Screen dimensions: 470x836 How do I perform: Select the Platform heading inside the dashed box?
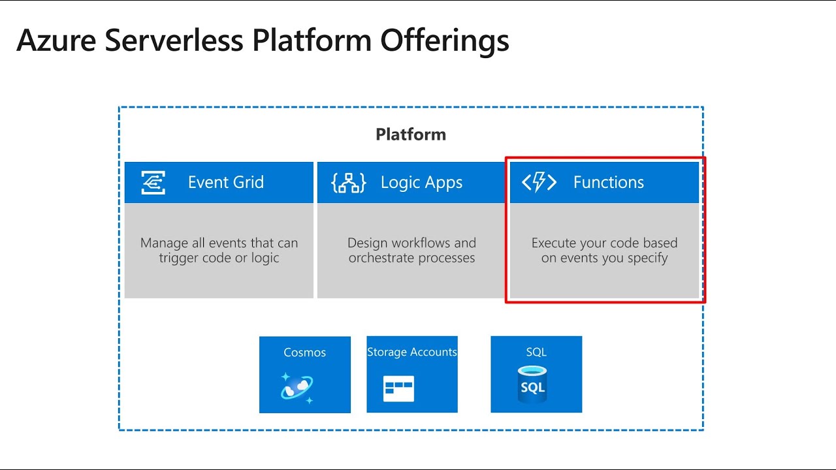point(411,134)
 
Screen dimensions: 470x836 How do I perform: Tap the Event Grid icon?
point(153,183)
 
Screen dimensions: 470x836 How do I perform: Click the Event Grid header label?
point(226,183)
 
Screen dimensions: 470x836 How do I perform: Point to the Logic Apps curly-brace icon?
point(349,183)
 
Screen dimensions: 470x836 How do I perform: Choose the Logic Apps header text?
point(421,183)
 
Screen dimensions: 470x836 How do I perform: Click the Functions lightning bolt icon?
point(539,183)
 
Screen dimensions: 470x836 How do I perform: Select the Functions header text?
point(608,183)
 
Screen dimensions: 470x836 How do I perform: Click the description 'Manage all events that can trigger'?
point(219,251)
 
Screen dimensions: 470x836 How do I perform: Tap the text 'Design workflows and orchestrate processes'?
point(411,251)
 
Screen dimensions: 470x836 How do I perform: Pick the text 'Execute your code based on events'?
point(604,251)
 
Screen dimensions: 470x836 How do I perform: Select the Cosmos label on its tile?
point(304,352)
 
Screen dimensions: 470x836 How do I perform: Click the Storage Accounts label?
point(411,352)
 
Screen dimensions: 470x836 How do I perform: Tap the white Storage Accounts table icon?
point(398,388)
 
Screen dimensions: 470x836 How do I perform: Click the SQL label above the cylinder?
point(536,352)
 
